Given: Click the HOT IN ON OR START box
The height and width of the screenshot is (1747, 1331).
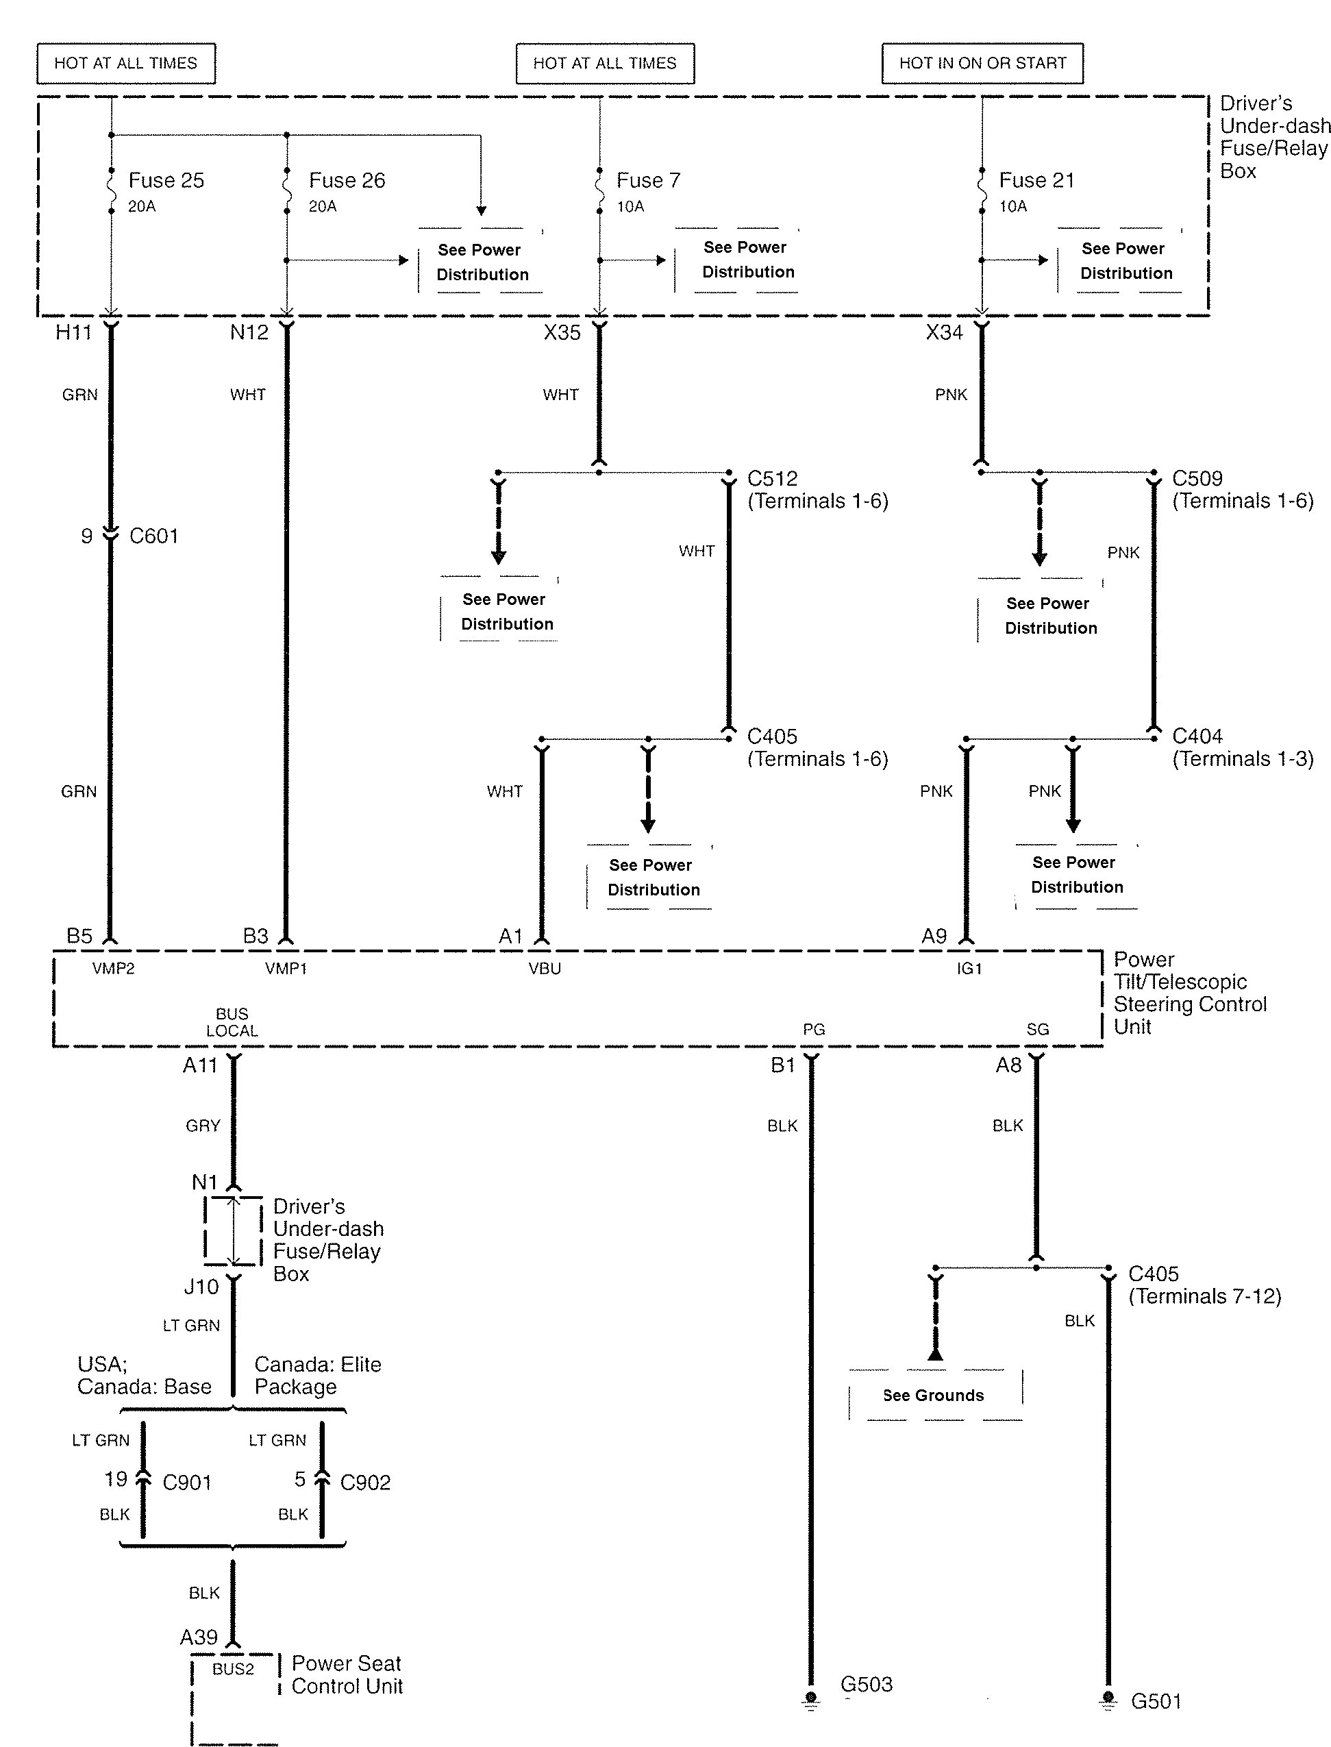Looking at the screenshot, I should (x=982, y=64).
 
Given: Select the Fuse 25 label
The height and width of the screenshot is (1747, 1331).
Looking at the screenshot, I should (x=166, y=181).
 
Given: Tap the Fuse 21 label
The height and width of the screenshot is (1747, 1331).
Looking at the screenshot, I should (x=1036, y=181).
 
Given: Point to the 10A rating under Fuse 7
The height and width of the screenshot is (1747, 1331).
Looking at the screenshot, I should (x=631, y=207).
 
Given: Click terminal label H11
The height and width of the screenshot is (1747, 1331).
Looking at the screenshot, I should (x=74, y=333).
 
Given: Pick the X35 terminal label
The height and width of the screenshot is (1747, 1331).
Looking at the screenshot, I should (x=562, y=333).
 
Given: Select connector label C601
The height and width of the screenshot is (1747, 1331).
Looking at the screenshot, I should (x=153, y=536).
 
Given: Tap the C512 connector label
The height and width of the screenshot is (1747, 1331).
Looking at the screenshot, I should (x=773, y=479).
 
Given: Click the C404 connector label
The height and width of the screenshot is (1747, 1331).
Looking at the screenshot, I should (x=1197, y=737).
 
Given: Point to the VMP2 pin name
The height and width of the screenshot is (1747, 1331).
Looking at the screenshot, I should (x=113, y=968).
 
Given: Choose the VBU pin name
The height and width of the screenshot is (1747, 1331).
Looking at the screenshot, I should (x=545, y=968).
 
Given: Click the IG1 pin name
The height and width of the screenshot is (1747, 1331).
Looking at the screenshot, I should (x=969, y=968).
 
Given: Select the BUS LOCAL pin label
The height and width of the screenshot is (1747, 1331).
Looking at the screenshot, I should (x=232, y=1023).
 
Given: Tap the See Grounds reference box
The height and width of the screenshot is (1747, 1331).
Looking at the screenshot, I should (x=935, y=1396).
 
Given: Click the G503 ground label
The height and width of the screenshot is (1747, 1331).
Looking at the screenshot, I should (x=866, y=1685).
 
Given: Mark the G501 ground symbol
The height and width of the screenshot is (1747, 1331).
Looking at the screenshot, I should (x=1108, y=1700).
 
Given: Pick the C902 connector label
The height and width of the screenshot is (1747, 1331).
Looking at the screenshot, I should (x=365, y=1483).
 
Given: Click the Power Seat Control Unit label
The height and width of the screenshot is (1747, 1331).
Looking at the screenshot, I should (x=347, y=1675).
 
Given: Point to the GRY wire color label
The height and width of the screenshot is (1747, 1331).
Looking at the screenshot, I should (x=203, y=1126).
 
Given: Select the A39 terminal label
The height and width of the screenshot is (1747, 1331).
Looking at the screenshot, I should (x=198, y=1637).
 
